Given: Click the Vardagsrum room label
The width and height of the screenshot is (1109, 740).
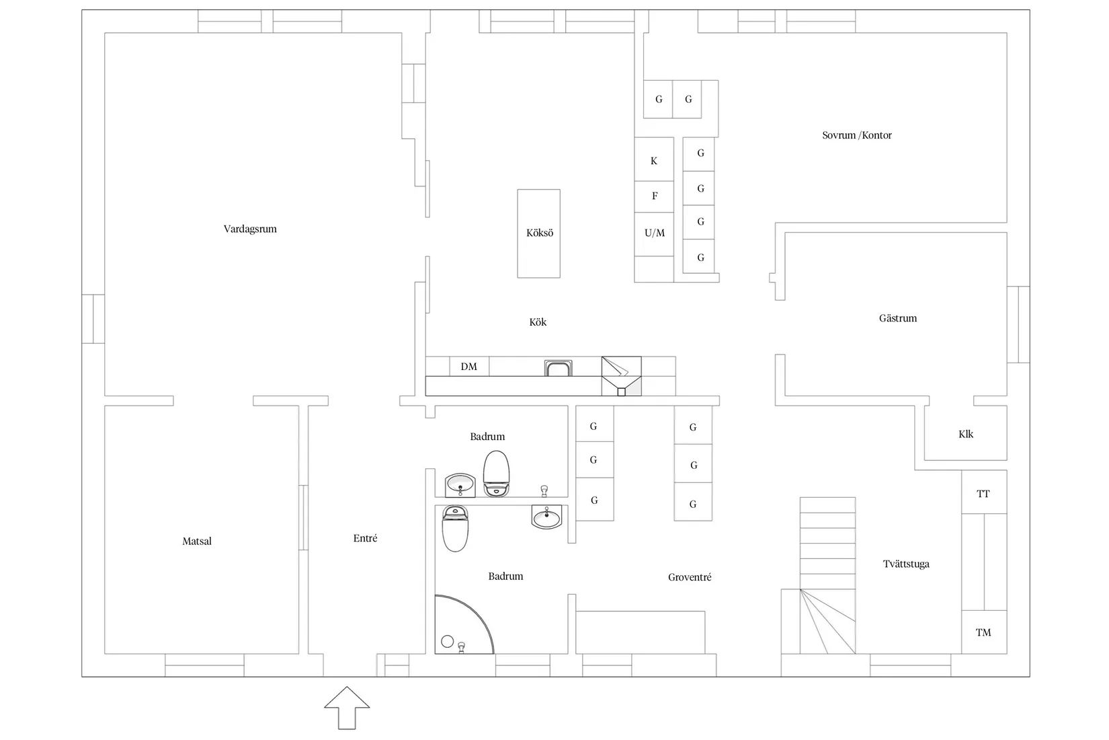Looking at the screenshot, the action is point(250,229).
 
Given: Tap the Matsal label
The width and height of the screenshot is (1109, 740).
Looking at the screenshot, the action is point(196,542).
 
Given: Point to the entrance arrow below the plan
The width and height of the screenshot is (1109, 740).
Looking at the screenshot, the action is point(347,708).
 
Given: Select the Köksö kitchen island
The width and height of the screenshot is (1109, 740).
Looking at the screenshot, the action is point(538,233).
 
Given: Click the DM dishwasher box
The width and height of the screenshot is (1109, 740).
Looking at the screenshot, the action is point(469,366).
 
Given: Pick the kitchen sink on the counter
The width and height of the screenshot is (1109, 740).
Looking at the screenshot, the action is point(559,368).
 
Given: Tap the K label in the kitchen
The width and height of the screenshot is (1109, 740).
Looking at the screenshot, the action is point(654,161).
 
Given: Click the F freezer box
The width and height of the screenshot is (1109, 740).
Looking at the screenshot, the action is point(654,196).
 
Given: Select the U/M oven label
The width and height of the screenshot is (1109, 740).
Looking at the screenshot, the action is point(655,233).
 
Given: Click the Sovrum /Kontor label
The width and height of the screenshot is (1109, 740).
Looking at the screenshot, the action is point(856,135).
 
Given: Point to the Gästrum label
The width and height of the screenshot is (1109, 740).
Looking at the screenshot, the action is point(897,318).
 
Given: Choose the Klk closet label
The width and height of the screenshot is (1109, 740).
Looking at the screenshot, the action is point(965,434).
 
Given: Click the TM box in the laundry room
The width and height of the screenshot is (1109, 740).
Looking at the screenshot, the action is point(984,632).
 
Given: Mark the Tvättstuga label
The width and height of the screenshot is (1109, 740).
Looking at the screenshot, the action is point(906,564).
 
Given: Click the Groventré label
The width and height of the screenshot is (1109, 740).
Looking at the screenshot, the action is point(689,577).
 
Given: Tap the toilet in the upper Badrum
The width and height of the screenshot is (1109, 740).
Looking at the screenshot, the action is point(496,474).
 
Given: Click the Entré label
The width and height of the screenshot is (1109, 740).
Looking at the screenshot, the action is point(365,538).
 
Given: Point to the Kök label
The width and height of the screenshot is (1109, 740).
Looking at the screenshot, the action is point(538,322).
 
